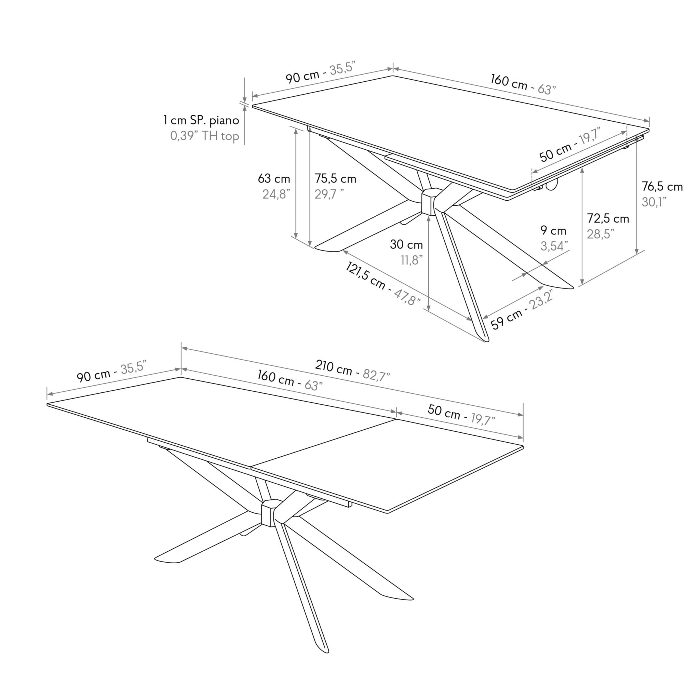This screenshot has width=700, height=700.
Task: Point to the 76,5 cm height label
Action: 662,187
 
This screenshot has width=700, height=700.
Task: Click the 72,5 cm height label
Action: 608,218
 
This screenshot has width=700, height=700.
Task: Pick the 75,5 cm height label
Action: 335,179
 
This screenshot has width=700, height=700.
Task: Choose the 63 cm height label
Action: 274,179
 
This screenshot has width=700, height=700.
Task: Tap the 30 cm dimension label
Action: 406,245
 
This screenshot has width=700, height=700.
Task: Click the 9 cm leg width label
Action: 553,230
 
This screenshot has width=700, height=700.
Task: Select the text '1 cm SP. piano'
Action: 201,120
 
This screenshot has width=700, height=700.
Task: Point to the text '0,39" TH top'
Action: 205,136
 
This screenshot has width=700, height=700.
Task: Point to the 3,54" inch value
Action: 554,246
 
